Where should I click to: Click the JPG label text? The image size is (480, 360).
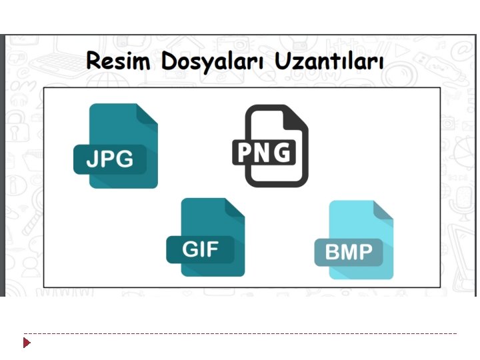tap(110, 159)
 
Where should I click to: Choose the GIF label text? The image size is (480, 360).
tap(199, 249)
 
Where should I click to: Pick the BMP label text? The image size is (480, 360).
tap(349, 253)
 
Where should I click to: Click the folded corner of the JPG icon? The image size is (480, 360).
tap(147, 114)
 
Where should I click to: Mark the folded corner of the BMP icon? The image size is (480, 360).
tap(384, 211)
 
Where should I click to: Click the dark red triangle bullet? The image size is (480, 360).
tap(27, 343)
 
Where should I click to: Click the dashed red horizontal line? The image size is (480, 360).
tap(240, 333)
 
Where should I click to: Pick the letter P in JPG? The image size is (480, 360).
tap(107, 159)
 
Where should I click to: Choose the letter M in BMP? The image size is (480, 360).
tap(349, 253)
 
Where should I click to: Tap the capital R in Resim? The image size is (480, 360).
tap(94, 62)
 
